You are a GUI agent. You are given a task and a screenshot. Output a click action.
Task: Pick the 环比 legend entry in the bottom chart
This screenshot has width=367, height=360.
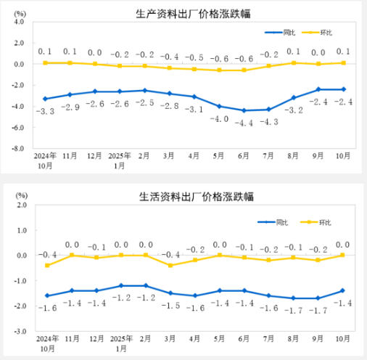(326, 221)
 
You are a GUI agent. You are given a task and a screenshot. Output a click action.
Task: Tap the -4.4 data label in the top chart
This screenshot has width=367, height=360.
(244, 123)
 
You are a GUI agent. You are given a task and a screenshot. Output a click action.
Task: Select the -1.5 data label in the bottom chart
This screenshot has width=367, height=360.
(171, 306)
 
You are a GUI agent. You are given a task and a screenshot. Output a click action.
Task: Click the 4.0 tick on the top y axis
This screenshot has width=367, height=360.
(19, 22)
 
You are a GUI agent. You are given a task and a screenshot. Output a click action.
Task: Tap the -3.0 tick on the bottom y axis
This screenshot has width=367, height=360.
(17, 330)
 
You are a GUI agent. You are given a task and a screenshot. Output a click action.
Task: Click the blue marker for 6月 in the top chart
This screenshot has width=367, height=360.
(244, 110)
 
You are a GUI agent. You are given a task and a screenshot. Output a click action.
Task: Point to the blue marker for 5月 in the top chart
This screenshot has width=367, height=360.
(219, 106)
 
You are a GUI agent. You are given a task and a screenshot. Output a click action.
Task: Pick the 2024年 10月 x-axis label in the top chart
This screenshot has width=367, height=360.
(45, 160)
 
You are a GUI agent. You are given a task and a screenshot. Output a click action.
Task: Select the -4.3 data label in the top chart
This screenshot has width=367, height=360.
(269, 121)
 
